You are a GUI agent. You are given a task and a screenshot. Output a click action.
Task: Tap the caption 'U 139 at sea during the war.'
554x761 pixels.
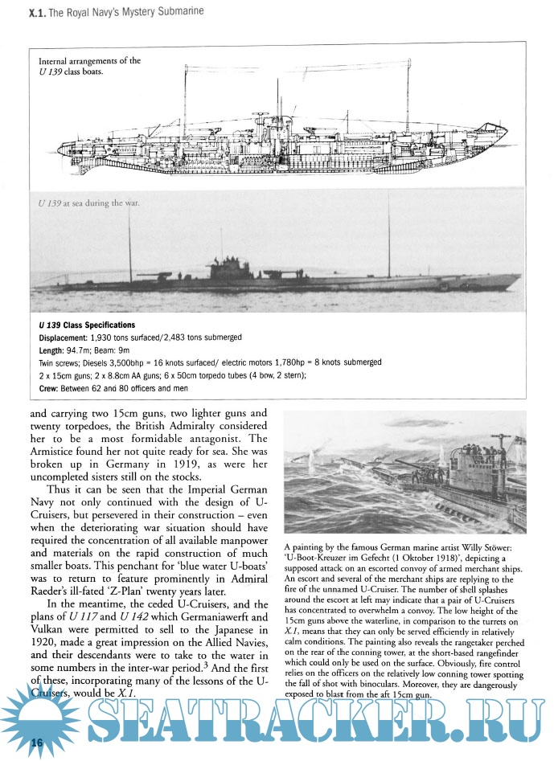click(88, 203)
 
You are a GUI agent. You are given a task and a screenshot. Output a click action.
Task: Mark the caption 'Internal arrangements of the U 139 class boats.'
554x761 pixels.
click(89, 67)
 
